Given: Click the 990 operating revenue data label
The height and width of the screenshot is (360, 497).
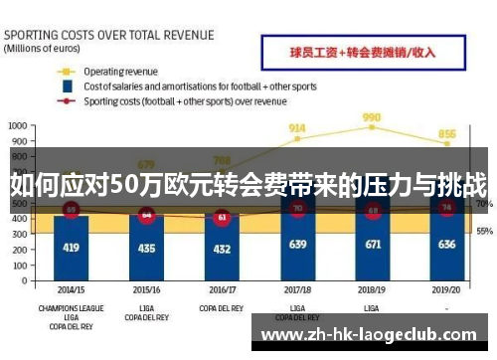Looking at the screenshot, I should coord(373,116).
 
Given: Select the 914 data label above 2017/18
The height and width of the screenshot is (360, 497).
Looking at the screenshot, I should coord(297,128).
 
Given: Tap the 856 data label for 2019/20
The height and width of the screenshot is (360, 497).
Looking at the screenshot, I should coord(447,134).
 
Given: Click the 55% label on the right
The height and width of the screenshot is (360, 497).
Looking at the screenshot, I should coord(484,231).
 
